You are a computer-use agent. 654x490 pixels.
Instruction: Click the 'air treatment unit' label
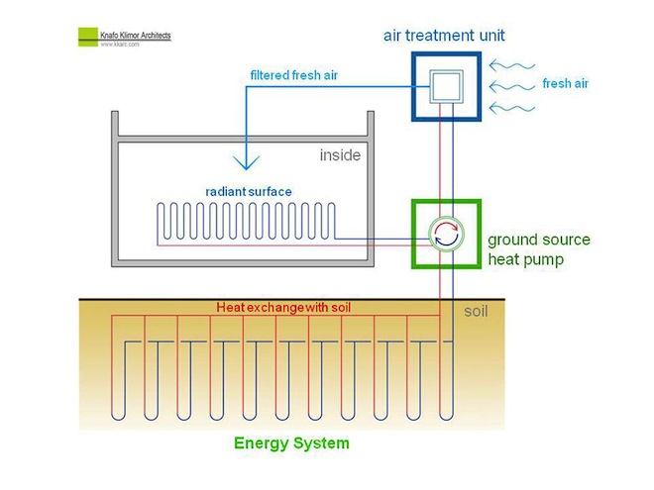click(x=444, y=36)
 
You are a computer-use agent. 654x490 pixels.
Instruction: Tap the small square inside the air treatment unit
click(x=447, y=87)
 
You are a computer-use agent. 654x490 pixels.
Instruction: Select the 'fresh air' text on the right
click(x=566, y=84)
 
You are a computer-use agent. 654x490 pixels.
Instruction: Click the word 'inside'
click(x=340, y=155)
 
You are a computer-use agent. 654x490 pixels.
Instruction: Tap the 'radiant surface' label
click(x=249, y=191)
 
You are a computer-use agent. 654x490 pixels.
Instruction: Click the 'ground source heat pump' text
click(x=538, y=248)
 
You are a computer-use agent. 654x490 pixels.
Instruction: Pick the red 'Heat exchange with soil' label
click(x=284, y=308)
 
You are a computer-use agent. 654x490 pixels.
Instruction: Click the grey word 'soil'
click(x=477, y=312)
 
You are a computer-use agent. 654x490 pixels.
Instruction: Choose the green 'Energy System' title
click(x=291, y=443)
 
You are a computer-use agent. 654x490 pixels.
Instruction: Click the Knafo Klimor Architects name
click(x=136, y=36)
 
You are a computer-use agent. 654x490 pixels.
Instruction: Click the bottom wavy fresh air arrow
click(x=512, y=107)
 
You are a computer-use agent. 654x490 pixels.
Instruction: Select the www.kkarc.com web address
click(x=120, y=45)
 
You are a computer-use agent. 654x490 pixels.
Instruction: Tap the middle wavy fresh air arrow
click(x=512, y=85)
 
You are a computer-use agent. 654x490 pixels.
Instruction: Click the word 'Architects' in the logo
click(x=154, y=36)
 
